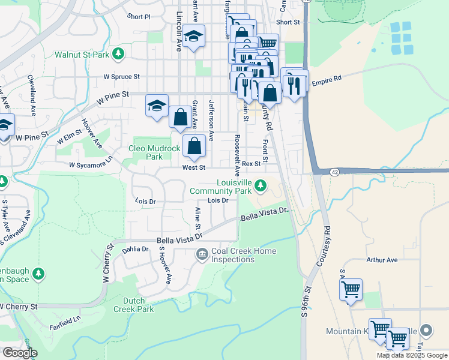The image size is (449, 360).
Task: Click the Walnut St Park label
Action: (x=83, y=55)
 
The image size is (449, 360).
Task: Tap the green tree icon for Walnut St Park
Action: (x=119, y=54)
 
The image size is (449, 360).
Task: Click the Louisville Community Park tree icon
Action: (x=260, y=185)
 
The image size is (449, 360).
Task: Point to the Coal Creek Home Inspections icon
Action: (x=202, y=256)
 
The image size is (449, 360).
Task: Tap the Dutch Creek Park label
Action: (x=134, y=305)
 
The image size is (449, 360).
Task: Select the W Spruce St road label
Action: (x=121, y=77)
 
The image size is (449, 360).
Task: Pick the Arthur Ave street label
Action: (x=382, y=260)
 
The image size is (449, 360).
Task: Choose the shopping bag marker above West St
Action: (x=194, y=146)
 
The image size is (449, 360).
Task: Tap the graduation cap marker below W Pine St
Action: (x=157, y=107)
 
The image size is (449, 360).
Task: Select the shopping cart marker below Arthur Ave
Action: (x=351, y=290)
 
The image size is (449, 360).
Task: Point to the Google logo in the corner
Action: (x=20, y=353)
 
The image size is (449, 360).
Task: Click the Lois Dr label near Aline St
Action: (x=218, y=200)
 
